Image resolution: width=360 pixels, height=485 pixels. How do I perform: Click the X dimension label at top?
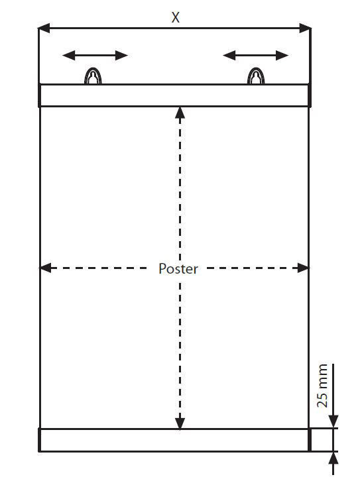pos(175,18)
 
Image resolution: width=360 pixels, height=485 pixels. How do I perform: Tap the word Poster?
pos(178,268)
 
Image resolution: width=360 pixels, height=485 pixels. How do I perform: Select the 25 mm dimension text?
pos(322,386)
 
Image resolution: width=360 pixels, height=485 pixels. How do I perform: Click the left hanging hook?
pos(93,76)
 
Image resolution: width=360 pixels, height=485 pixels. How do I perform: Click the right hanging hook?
pos(256,76)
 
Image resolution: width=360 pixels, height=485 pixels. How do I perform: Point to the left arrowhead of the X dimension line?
pos(44,28)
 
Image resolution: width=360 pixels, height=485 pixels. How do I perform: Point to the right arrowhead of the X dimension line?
pos(305,28)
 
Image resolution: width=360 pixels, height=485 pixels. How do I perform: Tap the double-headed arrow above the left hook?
pos(95,56)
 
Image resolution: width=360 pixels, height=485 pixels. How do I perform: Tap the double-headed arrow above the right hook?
pos(256,56)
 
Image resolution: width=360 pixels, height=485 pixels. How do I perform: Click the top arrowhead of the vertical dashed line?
pos(180,113)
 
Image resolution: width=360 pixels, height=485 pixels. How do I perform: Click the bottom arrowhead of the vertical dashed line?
pos(180,423)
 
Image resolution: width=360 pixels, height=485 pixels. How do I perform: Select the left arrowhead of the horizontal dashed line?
pos(46,268)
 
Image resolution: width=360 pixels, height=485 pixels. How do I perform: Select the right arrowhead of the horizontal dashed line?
pos(303,268)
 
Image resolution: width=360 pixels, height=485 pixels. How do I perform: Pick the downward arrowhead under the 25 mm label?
pos(333,422)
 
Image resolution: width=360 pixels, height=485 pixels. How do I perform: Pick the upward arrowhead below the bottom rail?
pos(333,458)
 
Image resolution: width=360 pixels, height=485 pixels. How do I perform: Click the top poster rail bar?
pos(174,95)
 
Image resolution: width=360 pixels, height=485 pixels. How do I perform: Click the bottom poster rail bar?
pos(174,440)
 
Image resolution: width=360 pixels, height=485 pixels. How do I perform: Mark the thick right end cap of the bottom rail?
pos(310,440)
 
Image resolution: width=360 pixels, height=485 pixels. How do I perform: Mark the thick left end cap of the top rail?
pos(39,95)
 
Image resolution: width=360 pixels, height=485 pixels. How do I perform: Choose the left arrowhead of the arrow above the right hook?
pos(229,56)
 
